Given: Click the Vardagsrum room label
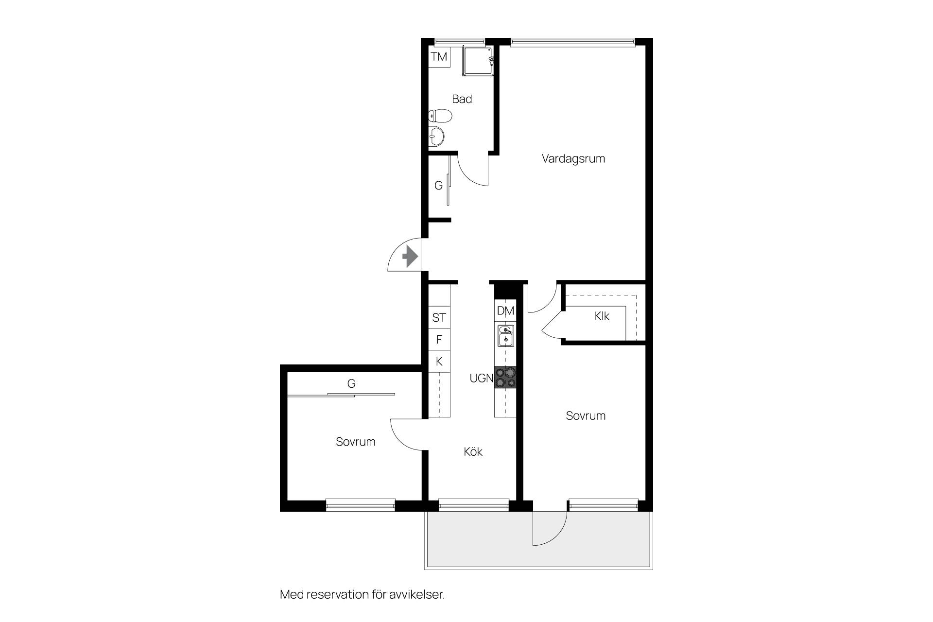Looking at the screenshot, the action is coord(573,158).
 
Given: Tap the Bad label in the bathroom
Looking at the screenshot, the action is coord(462,99).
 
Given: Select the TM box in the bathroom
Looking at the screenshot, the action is coord(439,57).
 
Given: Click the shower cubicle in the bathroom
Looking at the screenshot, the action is coord(478,61).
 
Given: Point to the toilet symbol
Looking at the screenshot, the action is coord(440,116).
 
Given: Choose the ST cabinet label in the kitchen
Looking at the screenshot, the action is coord(439,318).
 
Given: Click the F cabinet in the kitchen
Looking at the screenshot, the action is coord(439,339).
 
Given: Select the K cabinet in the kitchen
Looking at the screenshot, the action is coord(439,361).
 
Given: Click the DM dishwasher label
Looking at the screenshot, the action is coord(505,311).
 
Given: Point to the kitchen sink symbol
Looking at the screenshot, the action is coord(505,336).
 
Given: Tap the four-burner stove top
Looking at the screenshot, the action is coord(505,377).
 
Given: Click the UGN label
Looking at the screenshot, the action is coord(482,378).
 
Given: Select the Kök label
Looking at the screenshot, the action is coord(473,452).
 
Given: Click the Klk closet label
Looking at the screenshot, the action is coord(602,316).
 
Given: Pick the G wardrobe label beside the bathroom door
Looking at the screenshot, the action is coord(438,186).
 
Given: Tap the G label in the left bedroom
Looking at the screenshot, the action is coord(351,384).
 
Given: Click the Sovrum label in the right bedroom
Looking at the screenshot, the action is coord(586,416).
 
